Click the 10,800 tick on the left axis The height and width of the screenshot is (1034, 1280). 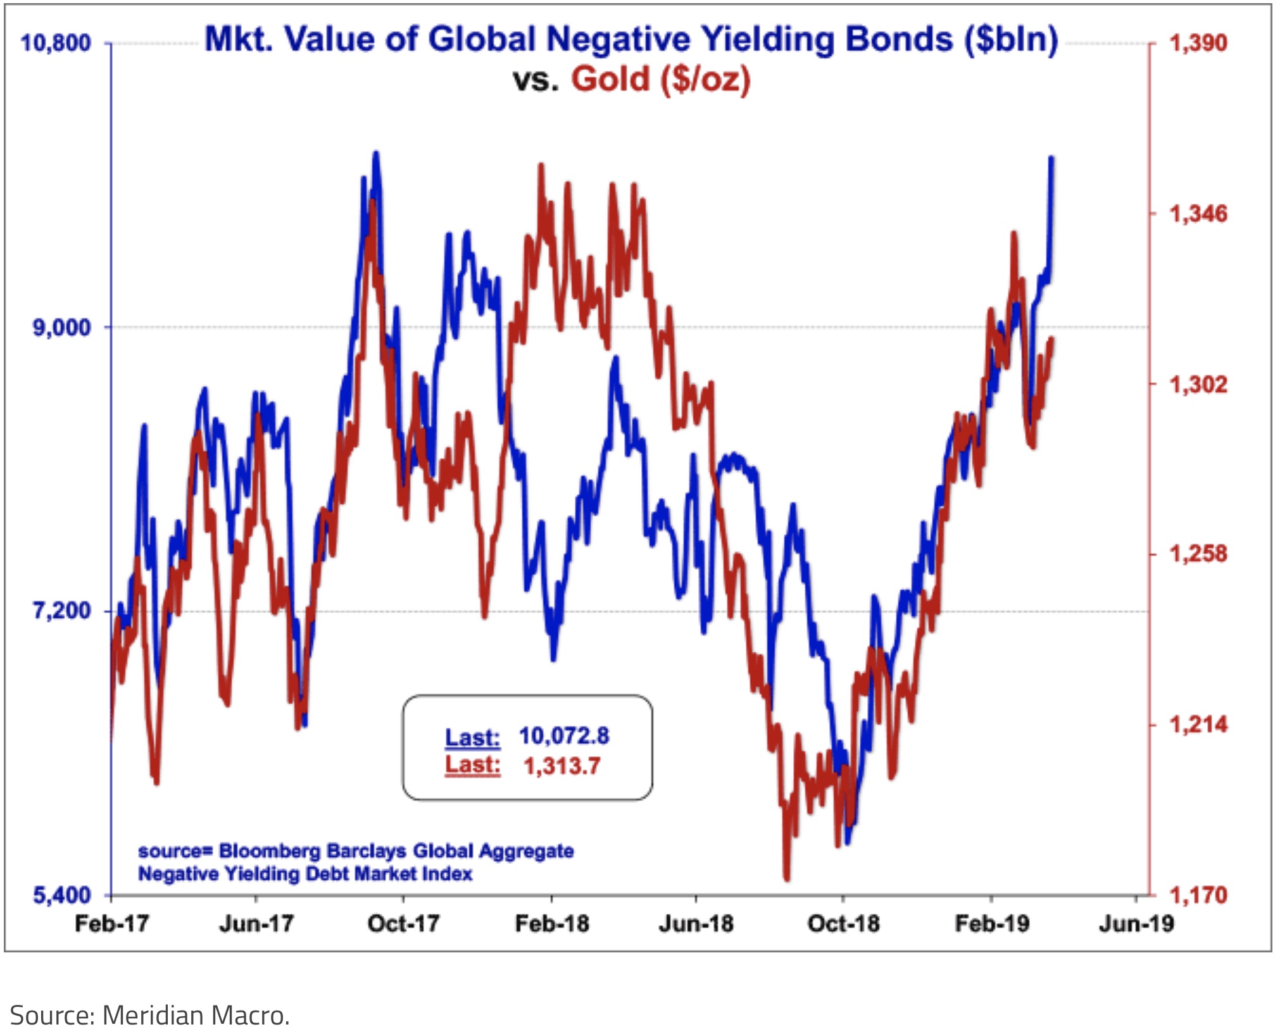[x=56, y=43]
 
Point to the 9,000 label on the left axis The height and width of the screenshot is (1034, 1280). [x=61, y=328]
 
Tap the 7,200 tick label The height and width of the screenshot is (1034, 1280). [x=61, y=611]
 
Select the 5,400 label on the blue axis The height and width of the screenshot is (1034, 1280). [x=61, y=895]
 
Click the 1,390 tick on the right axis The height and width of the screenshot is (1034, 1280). [x=1198, y=43]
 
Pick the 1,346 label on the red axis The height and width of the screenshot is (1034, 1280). [x=1198, y=214]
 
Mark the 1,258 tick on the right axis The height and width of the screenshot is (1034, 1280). [x=1198, y=554]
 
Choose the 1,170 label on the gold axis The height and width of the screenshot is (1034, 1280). [x=1198, y=895]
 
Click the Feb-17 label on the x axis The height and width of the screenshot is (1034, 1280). [x=111, y=923]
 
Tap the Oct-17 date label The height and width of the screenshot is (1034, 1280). [x=403, y=923]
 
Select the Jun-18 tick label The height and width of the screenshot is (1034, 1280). [x=696, y=923]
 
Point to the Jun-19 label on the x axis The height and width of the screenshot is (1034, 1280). [x=1136, y=923]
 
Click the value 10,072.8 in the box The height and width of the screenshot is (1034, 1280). [x=563, y=735]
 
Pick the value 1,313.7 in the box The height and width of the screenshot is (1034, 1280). [x=562, y=766]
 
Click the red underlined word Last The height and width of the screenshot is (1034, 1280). [x=472, y=764]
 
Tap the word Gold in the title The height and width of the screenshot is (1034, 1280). [x=611, y=80]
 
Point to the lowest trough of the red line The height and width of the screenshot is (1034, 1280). [x=787, y=878]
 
